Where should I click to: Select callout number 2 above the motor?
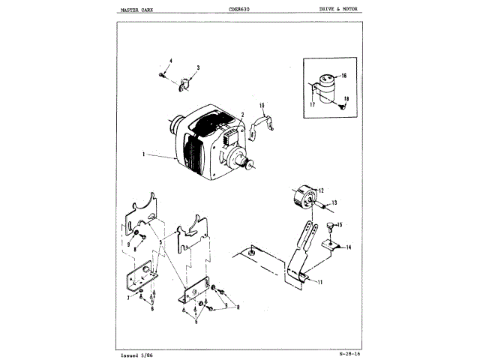point(243,115)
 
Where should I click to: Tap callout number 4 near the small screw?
point(170,60)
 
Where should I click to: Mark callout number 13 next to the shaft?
point(335,202)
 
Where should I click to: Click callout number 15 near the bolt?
point(340,224)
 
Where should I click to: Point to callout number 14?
point(348,246)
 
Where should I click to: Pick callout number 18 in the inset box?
point(347,99)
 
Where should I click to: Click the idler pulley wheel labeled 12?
point(303,199)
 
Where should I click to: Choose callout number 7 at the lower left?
point(128,298)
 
